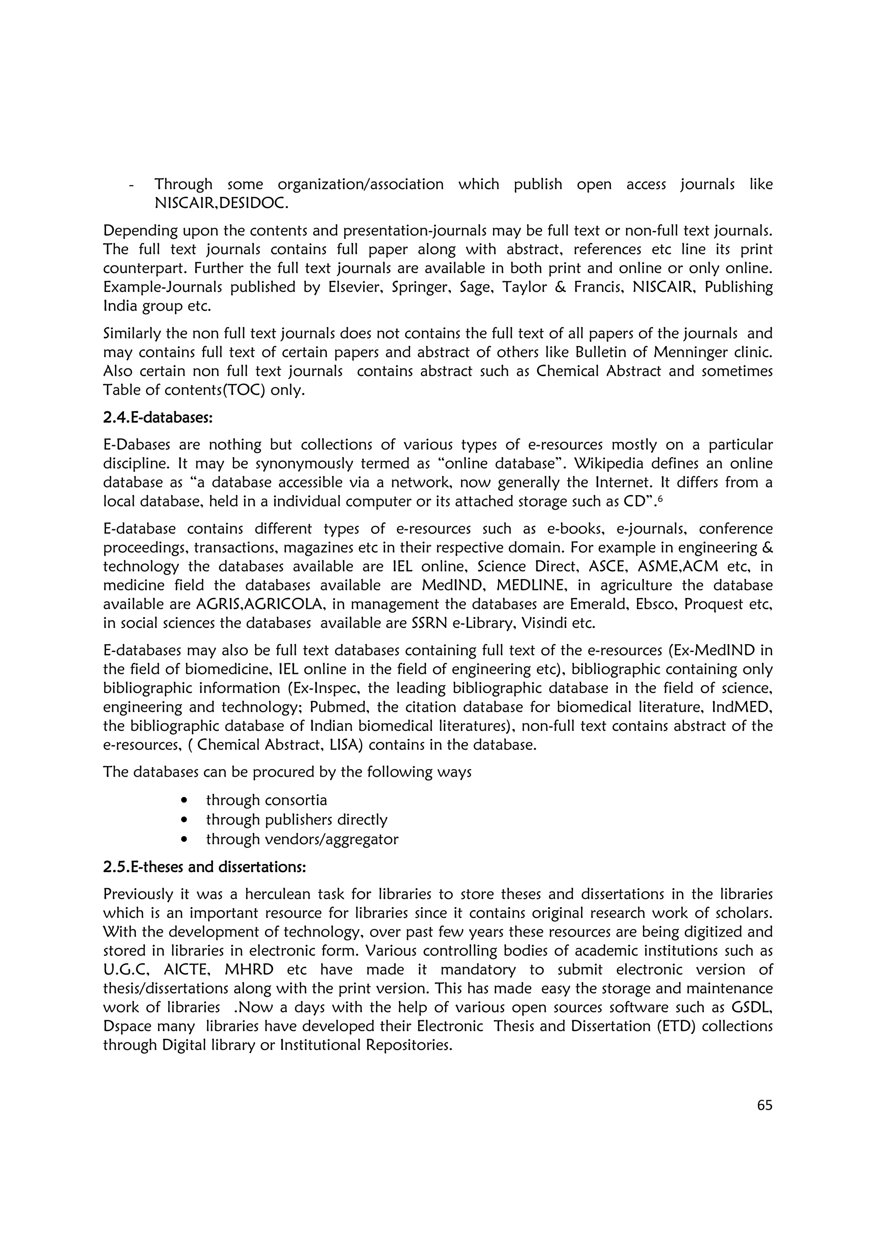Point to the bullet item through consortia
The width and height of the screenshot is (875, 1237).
pyautogui.click(x=266, y=800)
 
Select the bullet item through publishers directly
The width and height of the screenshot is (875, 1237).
pyautogui.click(x=297, y=820)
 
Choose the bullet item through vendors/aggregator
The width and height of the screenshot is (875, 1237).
pyautogui.click(x=302, y=839)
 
